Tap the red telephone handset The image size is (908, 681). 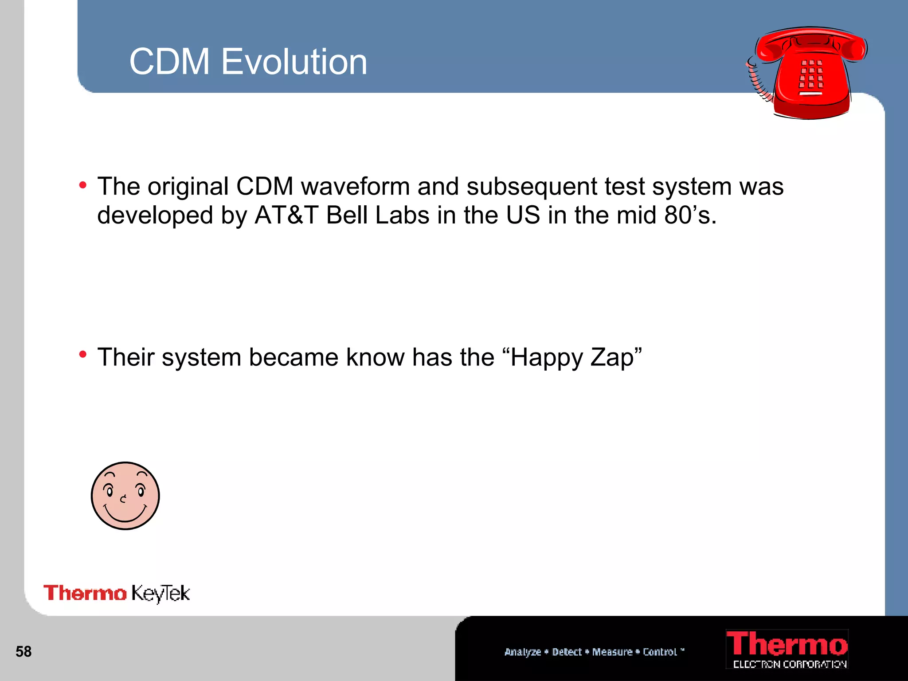click(811, 44)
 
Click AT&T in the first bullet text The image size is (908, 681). click(286, 215)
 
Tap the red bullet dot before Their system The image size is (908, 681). click(83, 355)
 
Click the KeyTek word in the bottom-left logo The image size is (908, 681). click(160, 594)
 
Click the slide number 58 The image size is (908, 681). click(23, 652)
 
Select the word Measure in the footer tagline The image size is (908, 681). click(612, 652)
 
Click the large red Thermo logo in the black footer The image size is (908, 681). click(787, 644)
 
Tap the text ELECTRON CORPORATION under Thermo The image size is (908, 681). click(790, 664)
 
